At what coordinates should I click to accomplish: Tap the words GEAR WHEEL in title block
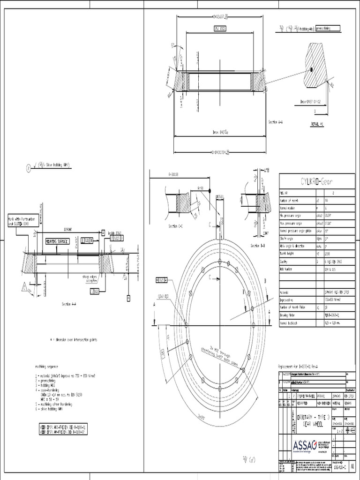314,423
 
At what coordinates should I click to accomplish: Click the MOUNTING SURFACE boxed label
57,240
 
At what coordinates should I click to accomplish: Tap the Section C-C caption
176,225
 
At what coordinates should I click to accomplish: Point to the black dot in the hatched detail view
310,70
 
